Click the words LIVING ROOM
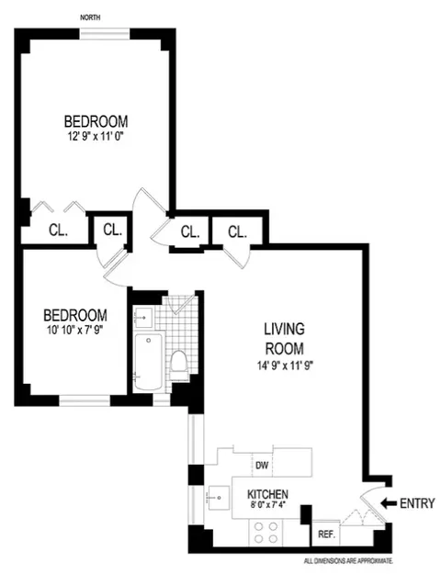284,338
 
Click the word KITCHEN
268,493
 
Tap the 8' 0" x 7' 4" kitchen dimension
268,505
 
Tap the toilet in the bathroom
179,364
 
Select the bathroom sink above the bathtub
145,316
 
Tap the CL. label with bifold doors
55,231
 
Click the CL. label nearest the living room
237,231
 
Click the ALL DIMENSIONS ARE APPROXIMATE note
348,560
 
